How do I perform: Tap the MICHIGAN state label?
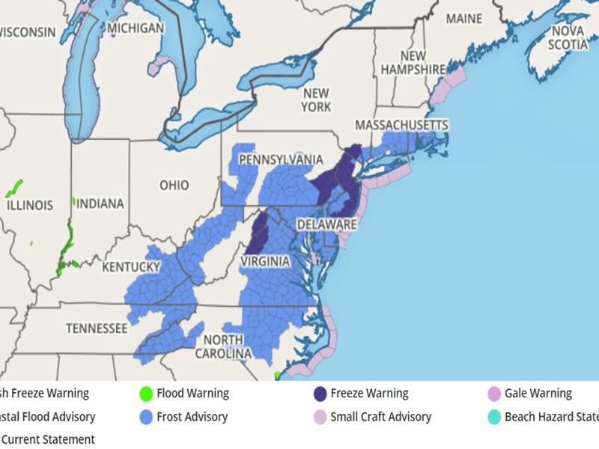[135, 28]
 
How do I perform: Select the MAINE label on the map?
[463, 19]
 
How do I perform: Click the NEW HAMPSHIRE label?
[413, 62]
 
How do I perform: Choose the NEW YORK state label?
[316, 100]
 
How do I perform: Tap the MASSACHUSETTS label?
[401, 124]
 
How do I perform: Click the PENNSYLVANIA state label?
[281, 160]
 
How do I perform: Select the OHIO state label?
[173, 185]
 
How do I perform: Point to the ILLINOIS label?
[29, 205]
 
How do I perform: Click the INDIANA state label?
[100, 204]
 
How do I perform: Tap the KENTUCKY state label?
[132, 267]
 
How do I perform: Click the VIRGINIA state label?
[265, 261]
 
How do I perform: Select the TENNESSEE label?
[95, 328]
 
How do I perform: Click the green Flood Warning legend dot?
[147, 394]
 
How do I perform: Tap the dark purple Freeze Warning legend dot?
[320, 394]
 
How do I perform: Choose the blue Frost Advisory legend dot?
[147, 417]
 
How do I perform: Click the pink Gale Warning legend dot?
[493, 394]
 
